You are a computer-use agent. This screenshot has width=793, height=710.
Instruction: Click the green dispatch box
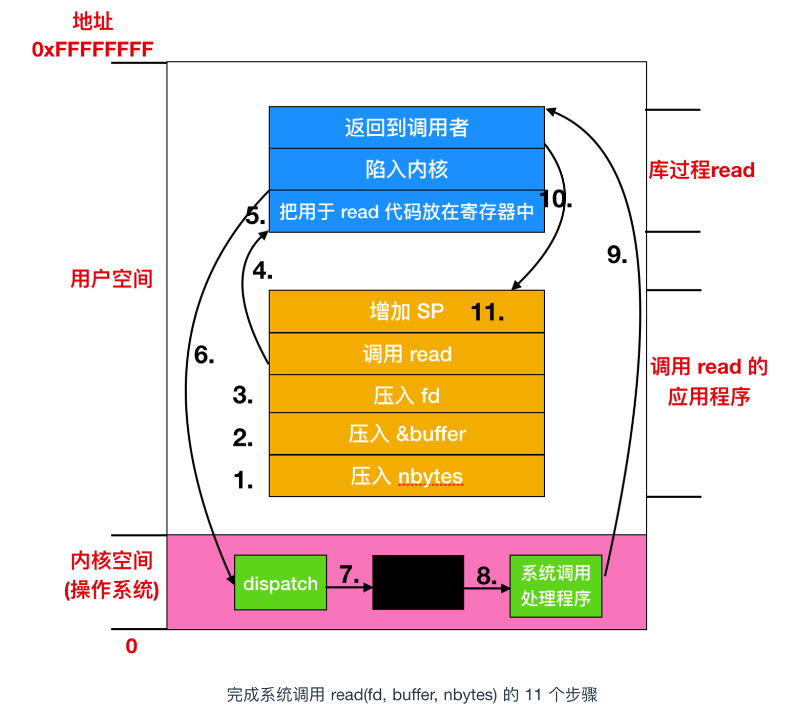click(280, 582)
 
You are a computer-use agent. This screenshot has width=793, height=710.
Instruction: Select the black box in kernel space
click(418, 582)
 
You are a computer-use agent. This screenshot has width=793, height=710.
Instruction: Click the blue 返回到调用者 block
click(407, 127)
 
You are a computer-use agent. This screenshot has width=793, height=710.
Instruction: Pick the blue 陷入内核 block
click(407, 169)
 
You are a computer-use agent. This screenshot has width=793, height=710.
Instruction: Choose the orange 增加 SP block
click(407, 311)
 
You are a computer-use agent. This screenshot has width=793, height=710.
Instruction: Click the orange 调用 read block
click(407, 354)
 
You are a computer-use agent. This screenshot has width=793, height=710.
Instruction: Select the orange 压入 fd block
click(407, 395)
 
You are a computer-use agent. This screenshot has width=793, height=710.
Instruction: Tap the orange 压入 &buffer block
click(407, 434)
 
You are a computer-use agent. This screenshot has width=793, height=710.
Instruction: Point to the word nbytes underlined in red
click(430, 476)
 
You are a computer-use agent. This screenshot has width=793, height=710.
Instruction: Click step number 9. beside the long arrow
click(617, 254)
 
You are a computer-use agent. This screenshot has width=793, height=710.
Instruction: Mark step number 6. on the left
click(204, 355)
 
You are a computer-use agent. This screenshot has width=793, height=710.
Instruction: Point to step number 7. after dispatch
click(349, 574)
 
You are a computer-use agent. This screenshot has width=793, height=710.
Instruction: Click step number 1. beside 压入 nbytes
click(243, 480)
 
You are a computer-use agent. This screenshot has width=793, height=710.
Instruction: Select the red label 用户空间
click(112, 279)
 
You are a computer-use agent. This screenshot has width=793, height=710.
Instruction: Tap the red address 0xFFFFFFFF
click(92, 49)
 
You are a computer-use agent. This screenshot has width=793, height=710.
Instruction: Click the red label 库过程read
click(702, 170)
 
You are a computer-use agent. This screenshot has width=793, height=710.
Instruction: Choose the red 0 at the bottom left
click(131, 646)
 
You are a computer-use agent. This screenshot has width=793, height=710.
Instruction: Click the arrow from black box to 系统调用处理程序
click(486, 588)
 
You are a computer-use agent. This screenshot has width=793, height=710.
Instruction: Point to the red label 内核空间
click(112, 560)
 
